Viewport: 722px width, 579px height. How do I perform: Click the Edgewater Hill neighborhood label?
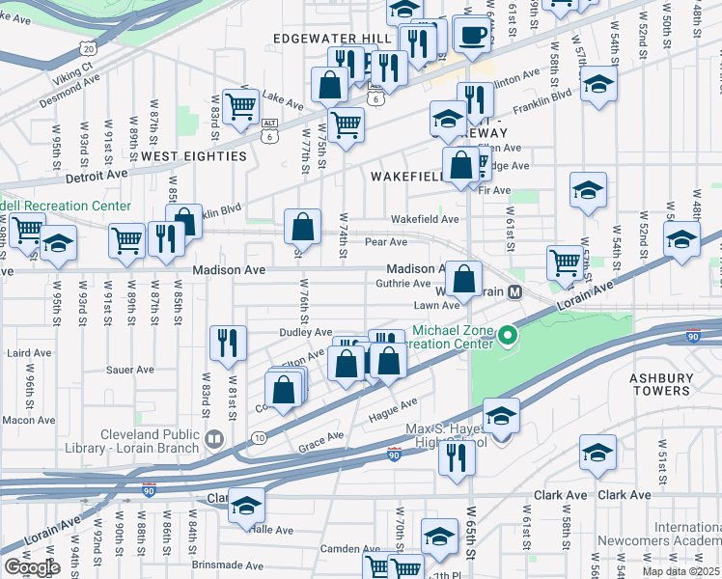tap(332, 39)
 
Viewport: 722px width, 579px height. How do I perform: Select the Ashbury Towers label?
tap(661, 384)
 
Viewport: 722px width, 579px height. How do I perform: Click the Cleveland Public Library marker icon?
tap(213, 439)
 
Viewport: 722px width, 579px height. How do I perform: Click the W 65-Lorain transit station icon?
tap(515, 291)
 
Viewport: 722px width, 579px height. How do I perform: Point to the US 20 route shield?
tap(89, 47)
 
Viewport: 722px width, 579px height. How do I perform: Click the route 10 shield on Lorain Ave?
tap(259, 439)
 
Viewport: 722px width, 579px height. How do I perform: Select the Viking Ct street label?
tap(73, 69)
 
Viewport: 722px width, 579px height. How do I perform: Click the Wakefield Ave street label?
tap(425, 219)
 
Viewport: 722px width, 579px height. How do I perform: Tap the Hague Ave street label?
tap(392, 411)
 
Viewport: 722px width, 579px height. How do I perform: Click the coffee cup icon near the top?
tap(471, 36)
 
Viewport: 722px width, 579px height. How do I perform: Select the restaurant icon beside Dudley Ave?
tap(229, 341)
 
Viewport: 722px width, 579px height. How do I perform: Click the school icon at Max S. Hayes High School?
tap(501, 417)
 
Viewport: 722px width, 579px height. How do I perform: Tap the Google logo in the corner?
tap(32, 567)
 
